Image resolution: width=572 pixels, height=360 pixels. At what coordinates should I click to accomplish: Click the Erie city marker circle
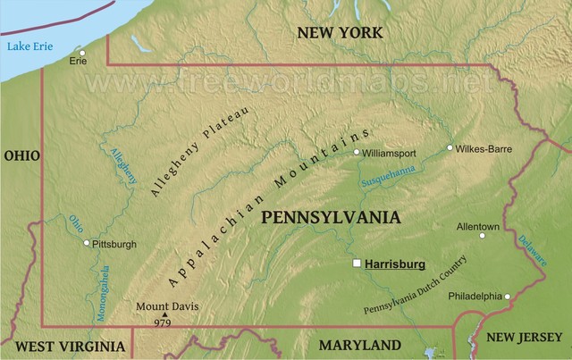(82, 51)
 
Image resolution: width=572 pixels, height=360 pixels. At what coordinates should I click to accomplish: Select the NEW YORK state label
(340, 33)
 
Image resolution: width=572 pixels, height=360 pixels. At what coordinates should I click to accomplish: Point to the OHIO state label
(21, 155)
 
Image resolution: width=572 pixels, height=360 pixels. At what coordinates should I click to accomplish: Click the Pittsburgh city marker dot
(86, 243)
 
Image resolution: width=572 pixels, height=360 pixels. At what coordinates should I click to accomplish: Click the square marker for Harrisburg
(357, 264)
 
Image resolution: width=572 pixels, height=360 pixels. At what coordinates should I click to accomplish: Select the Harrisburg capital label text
(395, 264)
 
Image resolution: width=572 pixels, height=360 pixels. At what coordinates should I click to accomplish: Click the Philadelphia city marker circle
(507, 297)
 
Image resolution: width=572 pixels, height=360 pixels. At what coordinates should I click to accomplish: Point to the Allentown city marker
(483, 236)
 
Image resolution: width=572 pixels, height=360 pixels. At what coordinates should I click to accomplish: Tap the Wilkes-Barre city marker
(450, 148)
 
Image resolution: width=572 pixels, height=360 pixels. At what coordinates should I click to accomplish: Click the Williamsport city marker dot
(357, 153)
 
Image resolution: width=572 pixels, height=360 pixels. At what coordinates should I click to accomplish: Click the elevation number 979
(163, 322)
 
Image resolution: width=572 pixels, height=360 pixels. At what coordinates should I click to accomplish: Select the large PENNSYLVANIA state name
(331, 217)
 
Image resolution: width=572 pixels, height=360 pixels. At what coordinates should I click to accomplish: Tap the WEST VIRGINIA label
(71, 346)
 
